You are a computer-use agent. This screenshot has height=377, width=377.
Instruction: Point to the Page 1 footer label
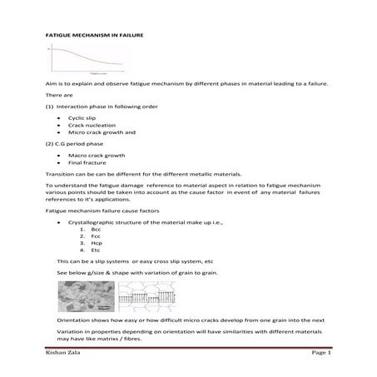pos(321,353)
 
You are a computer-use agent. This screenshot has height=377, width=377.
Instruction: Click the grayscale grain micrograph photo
pos(85,295)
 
